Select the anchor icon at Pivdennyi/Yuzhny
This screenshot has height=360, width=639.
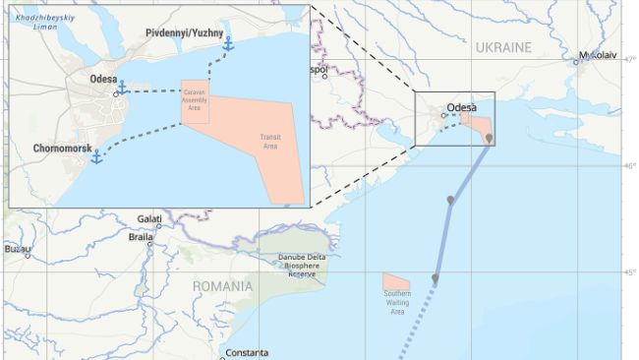[x=228, y=44]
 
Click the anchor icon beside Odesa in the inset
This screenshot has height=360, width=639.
[x=122, y=89]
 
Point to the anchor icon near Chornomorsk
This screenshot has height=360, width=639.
[x=96, y=156]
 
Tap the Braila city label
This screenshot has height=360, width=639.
[x=141, y=237]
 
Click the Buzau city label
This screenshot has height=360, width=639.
[x=17, y=250]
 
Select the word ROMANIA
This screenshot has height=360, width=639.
[x=221, y=287]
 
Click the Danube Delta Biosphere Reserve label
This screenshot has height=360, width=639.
[x=296, y=266]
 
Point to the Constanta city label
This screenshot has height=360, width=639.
[x=246, y=352]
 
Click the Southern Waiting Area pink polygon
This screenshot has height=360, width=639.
[x=395, y=282]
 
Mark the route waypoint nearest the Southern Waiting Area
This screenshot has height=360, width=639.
[x=435, y=279]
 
